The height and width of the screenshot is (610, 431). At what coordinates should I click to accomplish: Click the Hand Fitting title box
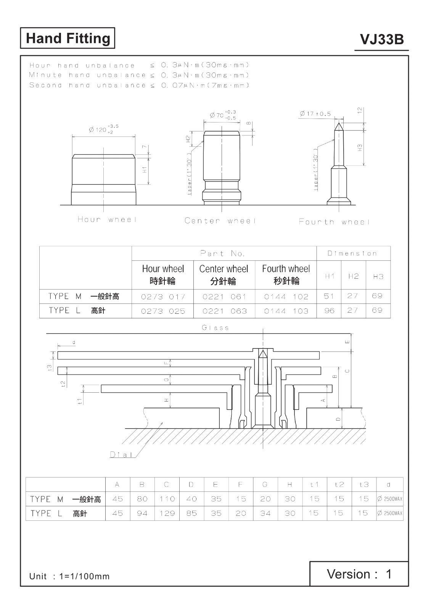[68, 38]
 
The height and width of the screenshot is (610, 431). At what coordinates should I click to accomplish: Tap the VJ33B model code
[382, 40]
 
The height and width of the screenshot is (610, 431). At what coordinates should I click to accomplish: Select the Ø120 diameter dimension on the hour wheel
[103, 129]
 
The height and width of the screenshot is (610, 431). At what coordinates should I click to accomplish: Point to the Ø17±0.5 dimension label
[315, 114]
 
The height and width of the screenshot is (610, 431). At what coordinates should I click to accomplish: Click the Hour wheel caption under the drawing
[107, 220]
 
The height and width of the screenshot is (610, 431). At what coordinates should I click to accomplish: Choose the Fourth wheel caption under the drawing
[334, 222]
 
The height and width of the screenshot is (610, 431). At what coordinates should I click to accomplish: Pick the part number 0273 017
[163, 297]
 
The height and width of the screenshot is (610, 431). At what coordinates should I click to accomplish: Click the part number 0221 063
[225, 311]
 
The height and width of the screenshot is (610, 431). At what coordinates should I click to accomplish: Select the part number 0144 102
[286, 297]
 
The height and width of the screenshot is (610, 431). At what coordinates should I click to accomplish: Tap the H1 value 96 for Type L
[329, 310]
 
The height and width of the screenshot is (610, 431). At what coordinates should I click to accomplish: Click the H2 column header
[353, 276]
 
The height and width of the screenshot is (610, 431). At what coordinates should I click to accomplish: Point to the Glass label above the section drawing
[215, 327]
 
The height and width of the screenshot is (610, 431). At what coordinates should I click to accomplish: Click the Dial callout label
[121, 454]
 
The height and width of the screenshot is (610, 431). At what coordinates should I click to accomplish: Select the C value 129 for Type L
[167, 513]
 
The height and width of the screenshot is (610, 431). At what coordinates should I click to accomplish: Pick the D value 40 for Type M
[191, 499]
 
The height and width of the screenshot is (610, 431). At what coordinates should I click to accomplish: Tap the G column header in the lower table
[265, 485]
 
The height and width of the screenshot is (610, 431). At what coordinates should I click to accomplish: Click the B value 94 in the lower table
[142, 513]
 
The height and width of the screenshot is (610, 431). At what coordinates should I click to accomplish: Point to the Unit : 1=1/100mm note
[69, 576]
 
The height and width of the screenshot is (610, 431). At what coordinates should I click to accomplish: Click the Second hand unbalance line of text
[139, 85]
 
